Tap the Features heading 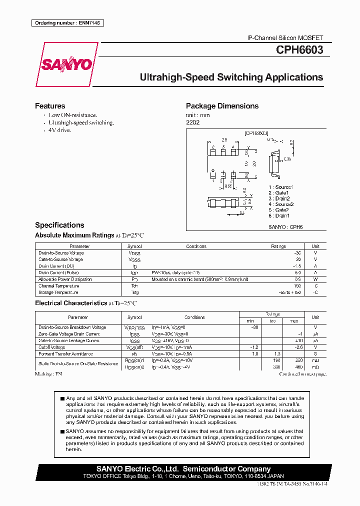pyautogui.click(x=50, y=106)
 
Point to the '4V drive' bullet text pyautogui.click(x=60, y=130)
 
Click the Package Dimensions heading pyautogui.click(x=222, y=106)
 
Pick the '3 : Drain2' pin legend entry pyautogui.click(x=279, y=198)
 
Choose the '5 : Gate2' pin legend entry pyautogui.click(x=278, y=210)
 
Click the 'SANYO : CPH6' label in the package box pyautogui.click(x=286, y=226)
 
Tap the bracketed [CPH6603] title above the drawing pyautogui.click(x=256, y=133)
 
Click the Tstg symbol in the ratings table pyautogui.click(x=134, y=292)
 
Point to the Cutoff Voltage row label pyautogui.click(x=52, y=347)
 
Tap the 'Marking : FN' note pyautogui.click(x=48, y=374)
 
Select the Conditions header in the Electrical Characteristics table pyautogui.click(x=194, y=317)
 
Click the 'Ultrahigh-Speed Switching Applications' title pyautogui.click(x=231, y=77)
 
